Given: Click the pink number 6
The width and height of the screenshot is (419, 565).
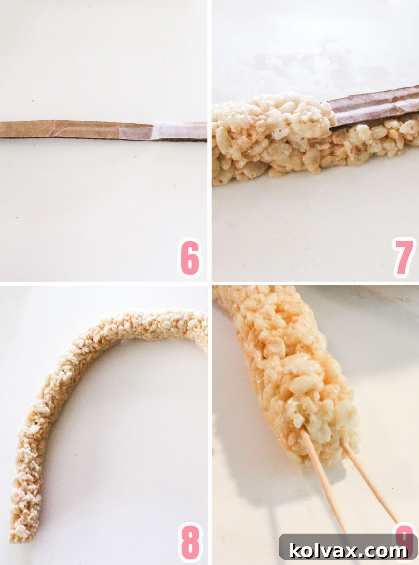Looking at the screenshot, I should (190, 258).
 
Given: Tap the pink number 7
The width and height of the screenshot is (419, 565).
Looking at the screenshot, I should (404, 258).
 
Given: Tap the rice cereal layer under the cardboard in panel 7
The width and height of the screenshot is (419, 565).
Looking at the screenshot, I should (377, 140).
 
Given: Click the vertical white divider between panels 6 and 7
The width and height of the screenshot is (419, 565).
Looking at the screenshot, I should (209, 140).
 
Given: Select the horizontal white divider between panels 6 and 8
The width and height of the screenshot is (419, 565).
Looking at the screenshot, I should (105, 283).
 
